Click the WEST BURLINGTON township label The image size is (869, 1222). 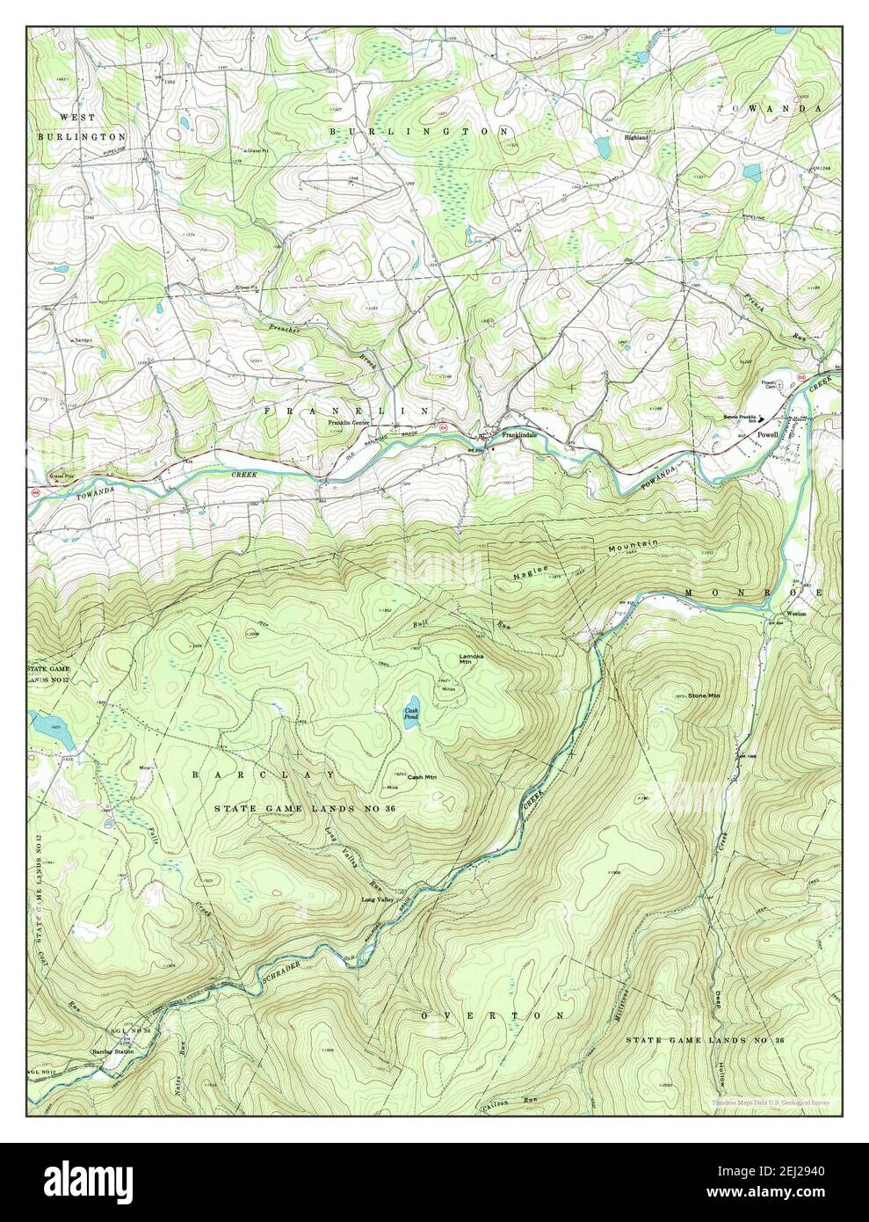click(x=81, y=127)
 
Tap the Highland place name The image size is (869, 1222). click(x=637, y=138)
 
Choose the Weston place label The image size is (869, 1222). click(x=796, y=614)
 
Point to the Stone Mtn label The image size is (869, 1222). click(x=704, y=696)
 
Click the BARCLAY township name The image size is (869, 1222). click(x=264, y=775)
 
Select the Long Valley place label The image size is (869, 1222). click(x=381, y=900)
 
